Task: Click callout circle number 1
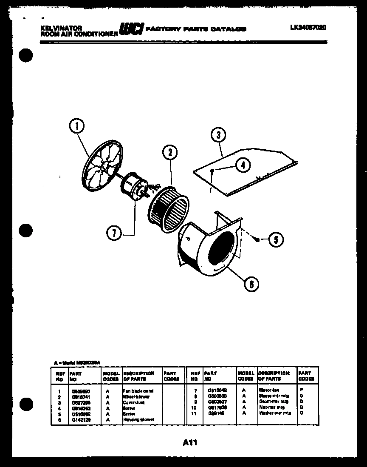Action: click(77, 126)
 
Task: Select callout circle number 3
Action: click(218, 136)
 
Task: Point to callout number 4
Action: click(243, 165)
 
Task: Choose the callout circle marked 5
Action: click(276, 240)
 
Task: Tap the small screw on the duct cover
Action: click(212, 171)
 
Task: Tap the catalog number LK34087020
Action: click(308, 27)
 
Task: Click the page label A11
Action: click(190, 442)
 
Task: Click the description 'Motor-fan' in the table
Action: click(268, 390)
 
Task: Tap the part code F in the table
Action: click(301, 390)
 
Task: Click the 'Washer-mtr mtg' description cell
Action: click(274, 413)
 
